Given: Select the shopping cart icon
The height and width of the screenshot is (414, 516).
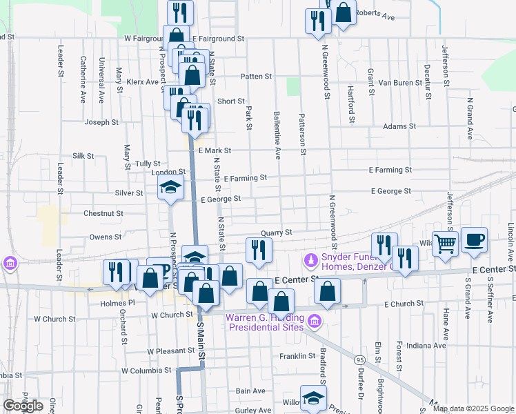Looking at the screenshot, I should click(446, 243).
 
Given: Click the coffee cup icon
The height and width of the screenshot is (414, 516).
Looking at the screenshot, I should click(474, 239).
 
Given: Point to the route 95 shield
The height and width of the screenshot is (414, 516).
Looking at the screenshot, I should click(360, 361).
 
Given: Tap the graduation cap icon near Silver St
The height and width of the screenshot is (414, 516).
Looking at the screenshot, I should click(171, 187).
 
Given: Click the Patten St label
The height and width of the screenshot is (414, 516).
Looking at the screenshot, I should click(256, 77).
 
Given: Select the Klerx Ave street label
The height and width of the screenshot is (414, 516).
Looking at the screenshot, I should click(143, 82).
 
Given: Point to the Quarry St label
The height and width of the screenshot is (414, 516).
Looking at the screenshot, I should click(277, 233).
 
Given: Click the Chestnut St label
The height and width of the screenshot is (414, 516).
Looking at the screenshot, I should click(103, 214).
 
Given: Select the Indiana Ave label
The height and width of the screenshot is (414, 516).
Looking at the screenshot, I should click(426, 345).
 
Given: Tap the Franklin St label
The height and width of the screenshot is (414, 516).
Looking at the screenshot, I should click(297, 356).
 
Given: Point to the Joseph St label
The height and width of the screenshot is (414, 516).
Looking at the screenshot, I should click(101, 123).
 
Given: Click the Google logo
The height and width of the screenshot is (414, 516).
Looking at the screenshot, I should click(23, 406).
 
